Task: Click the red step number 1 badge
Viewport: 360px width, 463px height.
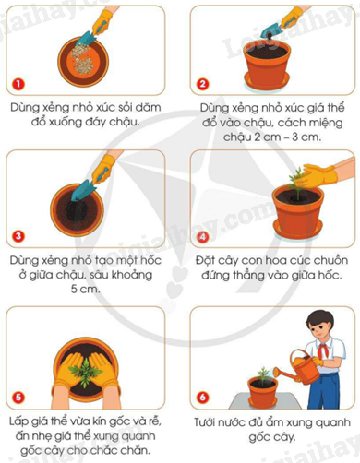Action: [x=18, y=84]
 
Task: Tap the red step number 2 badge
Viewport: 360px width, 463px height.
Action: [x=202, y=84]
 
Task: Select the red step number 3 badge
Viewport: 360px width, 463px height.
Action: [x=18, y=236]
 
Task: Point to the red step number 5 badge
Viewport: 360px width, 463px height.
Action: [x=18, y=398]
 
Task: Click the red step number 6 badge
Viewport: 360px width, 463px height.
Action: [x=202, y=398]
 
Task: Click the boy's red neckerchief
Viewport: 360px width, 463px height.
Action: [x=322, y=350]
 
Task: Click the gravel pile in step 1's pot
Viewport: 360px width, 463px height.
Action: [x=81, y=59]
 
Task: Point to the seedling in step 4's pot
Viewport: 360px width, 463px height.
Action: [x=296, y=184]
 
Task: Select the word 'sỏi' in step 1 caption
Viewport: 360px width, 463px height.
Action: [x=125, y=107]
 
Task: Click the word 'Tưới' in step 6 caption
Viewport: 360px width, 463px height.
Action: [x=206, y=422]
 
